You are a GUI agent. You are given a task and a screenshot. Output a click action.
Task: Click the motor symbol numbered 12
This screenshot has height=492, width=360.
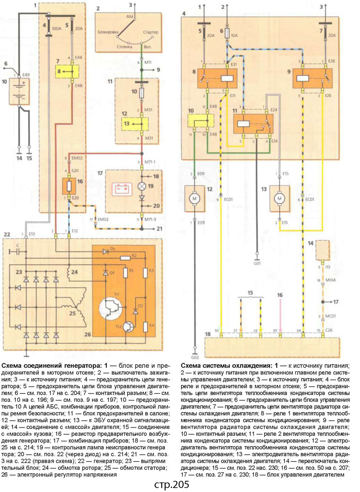point(194,198)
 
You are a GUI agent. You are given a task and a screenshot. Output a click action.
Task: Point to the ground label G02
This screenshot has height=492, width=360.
point(195,357)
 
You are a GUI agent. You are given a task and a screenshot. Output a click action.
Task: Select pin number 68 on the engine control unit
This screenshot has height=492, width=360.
point(298,331)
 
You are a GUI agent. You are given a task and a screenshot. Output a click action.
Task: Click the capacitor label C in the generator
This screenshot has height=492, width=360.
point(18,245)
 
